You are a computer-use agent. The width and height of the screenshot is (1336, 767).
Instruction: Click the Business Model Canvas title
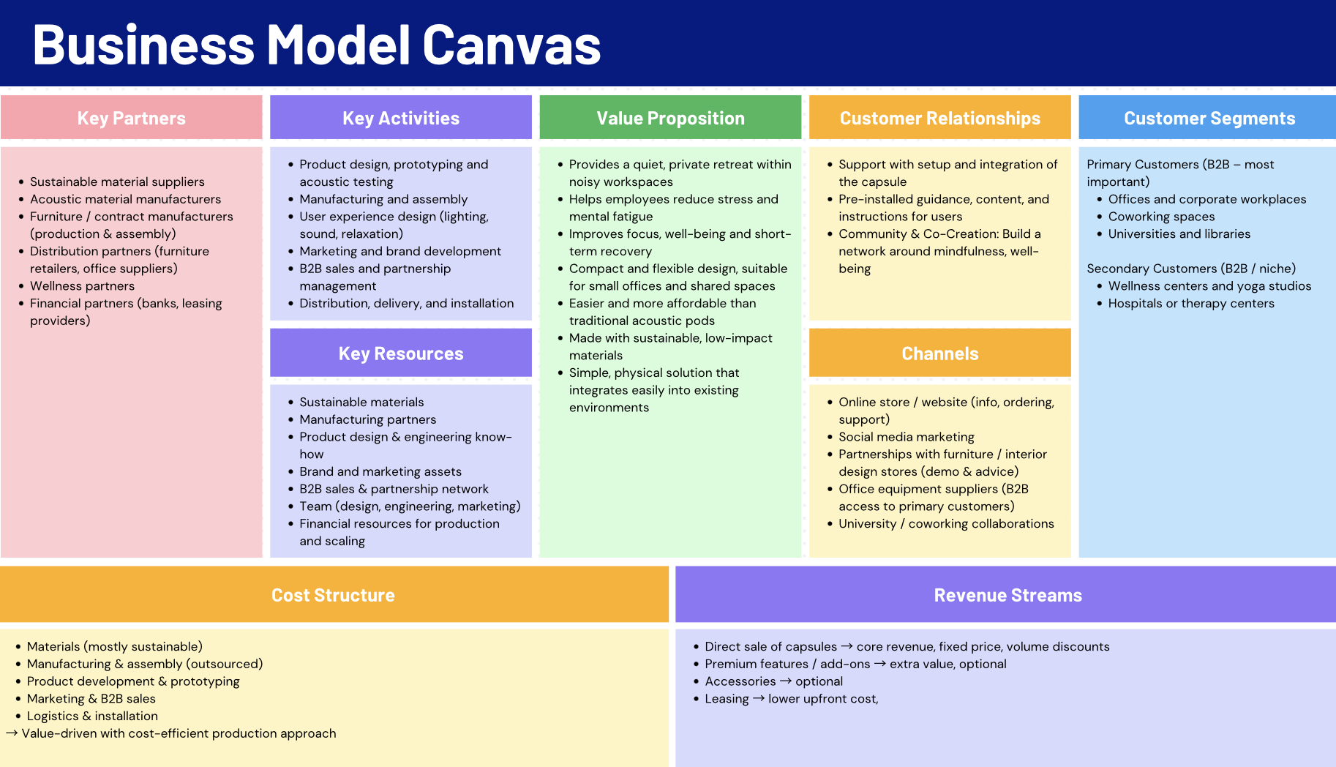click(x=316, y=45)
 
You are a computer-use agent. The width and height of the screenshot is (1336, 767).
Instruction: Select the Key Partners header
click(x=132, y=119)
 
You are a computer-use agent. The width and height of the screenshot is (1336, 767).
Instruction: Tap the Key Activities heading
click(x=401, y=119)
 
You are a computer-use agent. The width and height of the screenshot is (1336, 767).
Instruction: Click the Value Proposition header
click(x=670, y=119)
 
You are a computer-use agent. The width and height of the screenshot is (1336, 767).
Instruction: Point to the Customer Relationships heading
click(x=939, y=119)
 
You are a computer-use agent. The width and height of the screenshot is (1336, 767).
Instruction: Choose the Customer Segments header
click(x=1209, y=119)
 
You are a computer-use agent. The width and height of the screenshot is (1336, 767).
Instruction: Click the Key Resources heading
click(x=401, y=354)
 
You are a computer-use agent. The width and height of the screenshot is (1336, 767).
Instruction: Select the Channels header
click(x=939, y=354)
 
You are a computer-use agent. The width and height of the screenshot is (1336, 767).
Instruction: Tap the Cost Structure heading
click(x=333, y=596)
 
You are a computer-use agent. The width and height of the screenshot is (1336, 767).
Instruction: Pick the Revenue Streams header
click(x=1007, y=596)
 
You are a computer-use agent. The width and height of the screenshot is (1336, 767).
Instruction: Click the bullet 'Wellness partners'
click(x=82, y=286)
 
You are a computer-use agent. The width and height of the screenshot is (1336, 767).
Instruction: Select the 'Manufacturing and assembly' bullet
click(x=383, y=199)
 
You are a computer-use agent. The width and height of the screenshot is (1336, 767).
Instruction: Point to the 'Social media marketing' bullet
click(x=906, y=437)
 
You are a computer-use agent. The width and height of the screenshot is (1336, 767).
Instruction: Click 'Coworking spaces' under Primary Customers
click(x=1161, y=217)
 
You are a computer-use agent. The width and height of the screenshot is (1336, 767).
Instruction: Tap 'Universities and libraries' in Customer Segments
click(x=1179, y=234)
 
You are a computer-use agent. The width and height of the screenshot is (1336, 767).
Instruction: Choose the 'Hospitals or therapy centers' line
click(x=1190, y=304)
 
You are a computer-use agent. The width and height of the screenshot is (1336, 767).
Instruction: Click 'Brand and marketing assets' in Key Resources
click(x=380, y=472)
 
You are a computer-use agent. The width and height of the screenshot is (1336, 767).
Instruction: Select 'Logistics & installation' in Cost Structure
click(x=92, y=717)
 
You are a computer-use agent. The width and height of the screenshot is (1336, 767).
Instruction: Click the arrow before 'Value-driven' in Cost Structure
click(x=12, y=733)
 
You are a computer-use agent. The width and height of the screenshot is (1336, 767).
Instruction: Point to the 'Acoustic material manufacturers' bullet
click(x=125, y=199)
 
